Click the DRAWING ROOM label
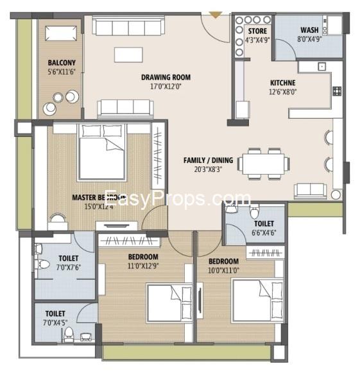pos(166,78)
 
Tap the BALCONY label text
pos(62,63)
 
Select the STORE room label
pos(258,30)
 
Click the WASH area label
pos(309,30)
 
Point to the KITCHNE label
pos(282,83)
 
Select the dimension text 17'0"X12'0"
pos(166,87)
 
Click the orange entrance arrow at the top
pos(216,12)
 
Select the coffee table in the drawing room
pos(128,55)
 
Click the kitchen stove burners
pos(336,91)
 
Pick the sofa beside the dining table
pos(311,190)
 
